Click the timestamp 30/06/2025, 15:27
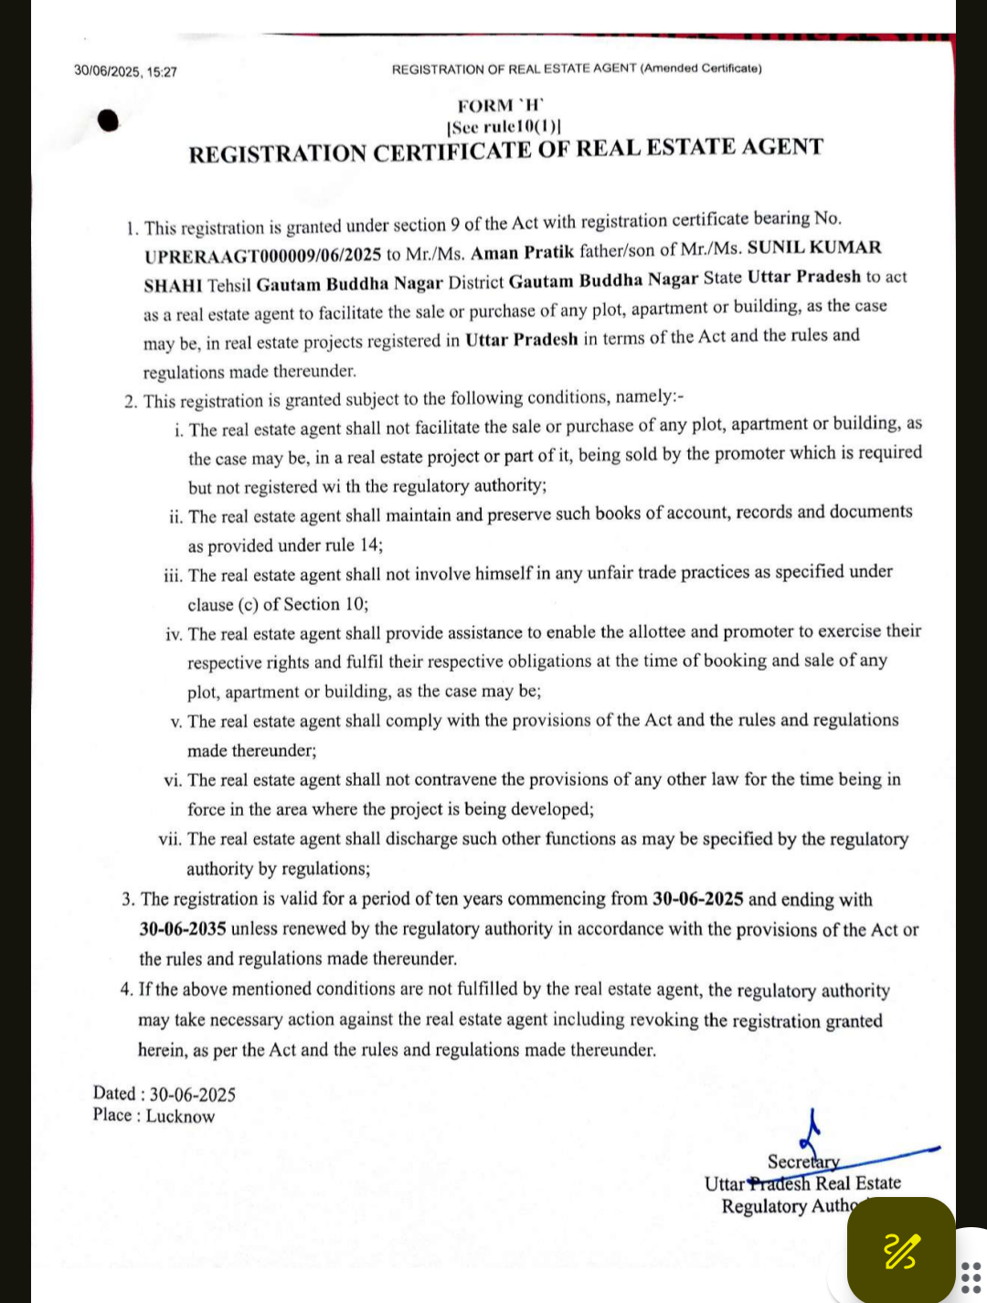pyautogui.click(x=125, y=71)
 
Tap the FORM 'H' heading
pyautogui.click(x=501, y=105)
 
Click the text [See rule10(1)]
pyautogui.click(x=504, y=127)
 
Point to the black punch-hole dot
pyautogui.click(x=109, y=121)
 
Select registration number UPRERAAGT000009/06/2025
pyautogui.click(x=262, y=255)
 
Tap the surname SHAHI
pyautogui.click(x=173, y=285)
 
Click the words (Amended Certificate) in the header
pyautogui.click(x=701, y=69)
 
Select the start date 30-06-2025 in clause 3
pyautogui.click(x=697, y=898)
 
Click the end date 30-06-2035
pyautogui.click(x=183, y=928)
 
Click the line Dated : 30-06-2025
pyautogui.click(x=164, y=1094)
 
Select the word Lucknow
pyautogui.click(x=180, y=1116)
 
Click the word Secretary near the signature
pyautogui.click(x=802, y=1161)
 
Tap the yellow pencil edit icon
pyautogui.click(x=901, y=1251)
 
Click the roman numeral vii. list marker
pyautogui.click(x=170, y=839)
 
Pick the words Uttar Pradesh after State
pyautogui.click(x=804, y=277)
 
